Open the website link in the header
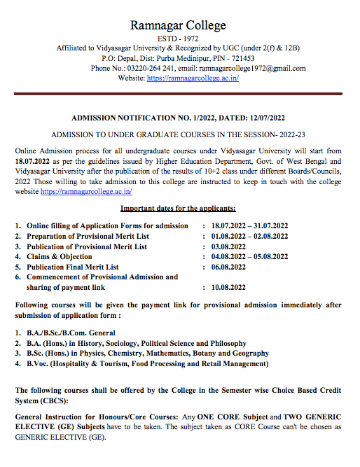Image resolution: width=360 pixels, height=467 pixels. [193, 78]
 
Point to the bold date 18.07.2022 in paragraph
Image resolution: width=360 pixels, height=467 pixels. [34, 161]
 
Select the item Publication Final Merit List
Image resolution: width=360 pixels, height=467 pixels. [72, 267]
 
